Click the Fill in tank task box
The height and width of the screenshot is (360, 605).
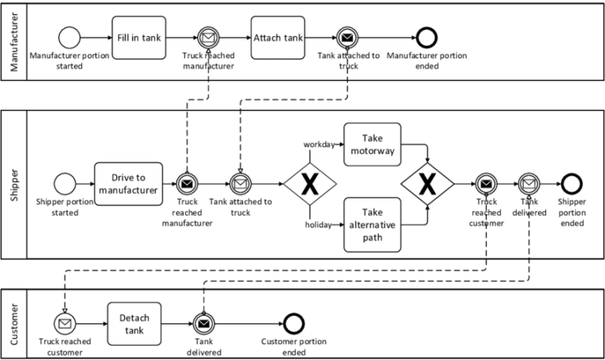(x=140, y=37)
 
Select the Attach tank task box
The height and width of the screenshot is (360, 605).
(x=277, y=37)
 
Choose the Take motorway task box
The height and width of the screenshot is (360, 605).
(x=372, y=144)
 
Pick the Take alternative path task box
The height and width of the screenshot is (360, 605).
(x=372, y=225)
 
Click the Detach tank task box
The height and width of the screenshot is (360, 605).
(x=134, y=323)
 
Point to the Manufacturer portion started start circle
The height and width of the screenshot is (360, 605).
(x=70, y=37)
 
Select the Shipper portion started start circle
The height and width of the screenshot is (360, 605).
(x=65, y=184)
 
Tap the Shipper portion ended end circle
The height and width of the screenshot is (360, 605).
(x=571, y=184)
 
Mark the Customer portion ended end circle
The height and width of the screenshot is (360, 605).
(x=293, y=323)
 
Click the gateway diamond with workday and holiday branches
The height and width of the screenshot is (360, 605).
(x=310, y=184)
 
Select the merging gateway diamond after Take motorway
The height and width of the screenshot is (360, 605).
(x=427, y=184)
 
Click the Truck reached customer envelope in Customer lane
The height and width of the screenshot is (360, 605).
(x=64, y=323)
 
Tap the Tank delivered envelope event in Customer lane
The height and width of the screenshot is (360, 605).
(x=203, y=323)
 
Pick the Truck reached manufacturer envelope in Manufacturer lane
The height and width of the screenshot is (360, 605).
(x=209, y=37)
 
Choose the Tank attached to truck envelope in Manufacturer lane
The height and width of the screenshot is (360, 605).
(x=347, y=37)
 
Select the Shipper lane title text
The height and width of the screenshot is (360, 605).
(x=13, y=184)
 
